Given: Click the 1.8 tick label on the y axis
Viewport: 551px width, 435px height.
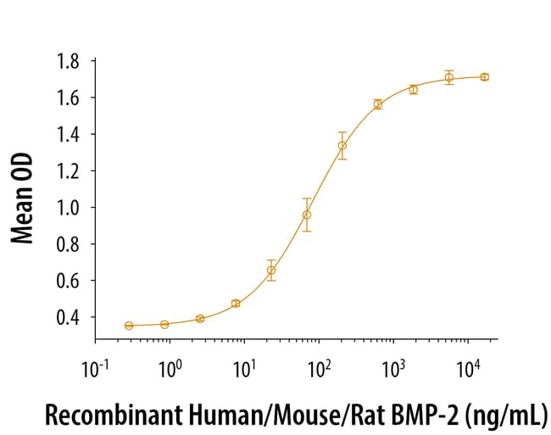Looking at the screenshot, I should (68, 61).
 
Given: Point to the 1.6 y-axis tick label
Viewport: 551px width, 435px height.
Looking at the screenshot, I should (68, 98).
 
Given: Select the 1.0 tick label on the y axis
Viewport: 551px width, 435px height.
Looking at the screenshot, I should (68, 207).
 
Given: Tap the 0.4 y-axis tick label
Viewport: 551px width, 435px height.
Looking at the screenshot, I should (68, 316).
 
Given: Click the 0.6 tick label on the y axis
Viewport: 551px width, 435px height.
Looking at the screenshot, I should (68, 280).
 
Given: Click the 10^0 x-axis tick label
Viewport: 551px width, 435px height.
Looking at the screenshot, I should (170, 370).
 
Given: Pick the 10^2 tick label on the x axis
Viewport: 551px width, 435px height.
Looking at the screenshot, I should (320, 370).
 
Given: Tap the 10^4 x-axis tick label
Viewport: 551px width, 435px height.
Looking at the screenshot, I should (469, 370).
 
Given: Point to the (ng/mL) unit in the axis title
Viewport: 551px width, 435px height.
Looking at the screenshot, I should (508, 416).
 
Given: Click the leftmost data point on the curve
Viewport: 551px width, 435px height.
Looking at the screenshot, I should (129, 326).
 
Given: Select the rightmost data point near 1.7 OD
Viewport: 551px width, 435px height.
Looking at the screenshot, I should (484, 77).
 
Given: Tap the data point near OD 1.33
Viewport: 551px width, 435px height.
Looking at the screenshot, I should (342, 146).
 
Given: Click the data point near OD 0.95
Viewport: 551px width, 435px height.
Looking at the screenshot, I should (307, 215).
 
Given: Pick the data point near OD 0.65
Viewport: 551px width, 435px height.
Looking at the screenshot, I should (271, 270).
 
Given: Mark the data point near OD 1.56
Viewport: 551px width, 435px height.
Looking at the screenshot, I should (377, 104).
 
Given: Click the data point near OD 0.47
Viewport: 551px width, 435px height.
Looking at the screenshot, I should (236, 303).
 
